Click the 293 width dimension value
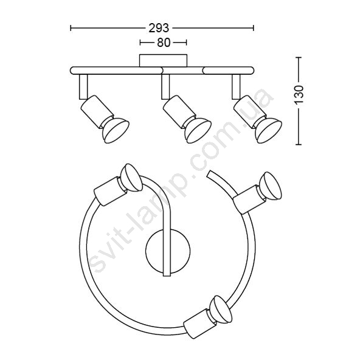tap(159, 28)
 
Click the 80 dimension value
tap(164, 43)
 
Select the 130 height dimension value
tap(299, 94)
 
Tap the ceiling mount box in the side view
tap(163, 61)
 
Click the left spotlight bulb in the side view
tap(116, 131)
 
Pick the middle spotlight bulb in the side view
tap(198, 131)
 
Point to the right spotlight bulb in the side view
tap(268, 131)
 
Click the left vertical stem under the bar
tap(83, 87)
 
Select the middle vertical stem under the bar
tap(165, 87)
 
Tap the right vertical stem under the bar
tap(236, 87)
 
